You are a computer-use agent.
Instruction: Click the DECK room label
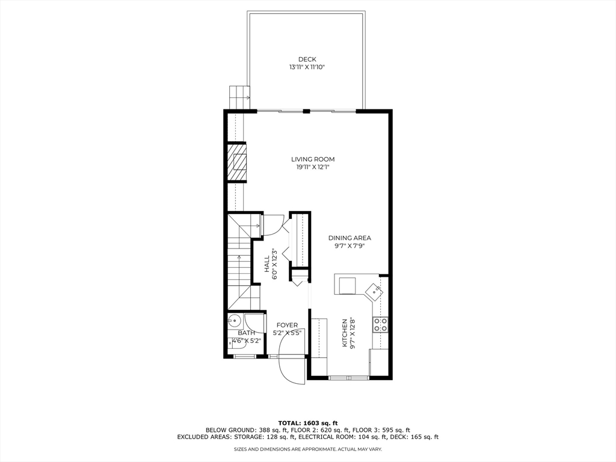pos(307,59)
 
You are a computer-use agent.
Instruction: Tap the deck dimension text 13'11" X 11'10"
pos(307,67)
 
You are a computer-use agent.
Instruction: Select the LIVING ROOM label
pos(313,159)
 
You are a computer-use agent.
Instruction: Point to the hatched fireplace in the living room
pos(239,162)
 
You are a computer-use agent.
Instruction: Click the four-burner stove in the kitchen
pos(380,325)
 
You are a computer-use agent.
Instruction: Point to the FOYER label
pos(287,325)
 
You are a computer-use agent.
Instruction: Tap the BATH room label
pos(246,333)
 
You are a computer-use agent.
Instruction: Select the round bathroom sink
pos(235,321)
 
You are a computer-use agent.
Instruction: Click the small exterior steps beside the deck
pos(239,96)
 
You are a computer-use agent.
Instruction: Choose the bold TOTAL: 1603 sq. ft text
pos(307,423)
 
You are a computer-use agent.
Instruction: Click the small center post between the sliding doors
pos(306,111)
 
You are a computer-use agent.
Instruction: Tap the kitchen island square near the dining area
pos(348,285)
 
